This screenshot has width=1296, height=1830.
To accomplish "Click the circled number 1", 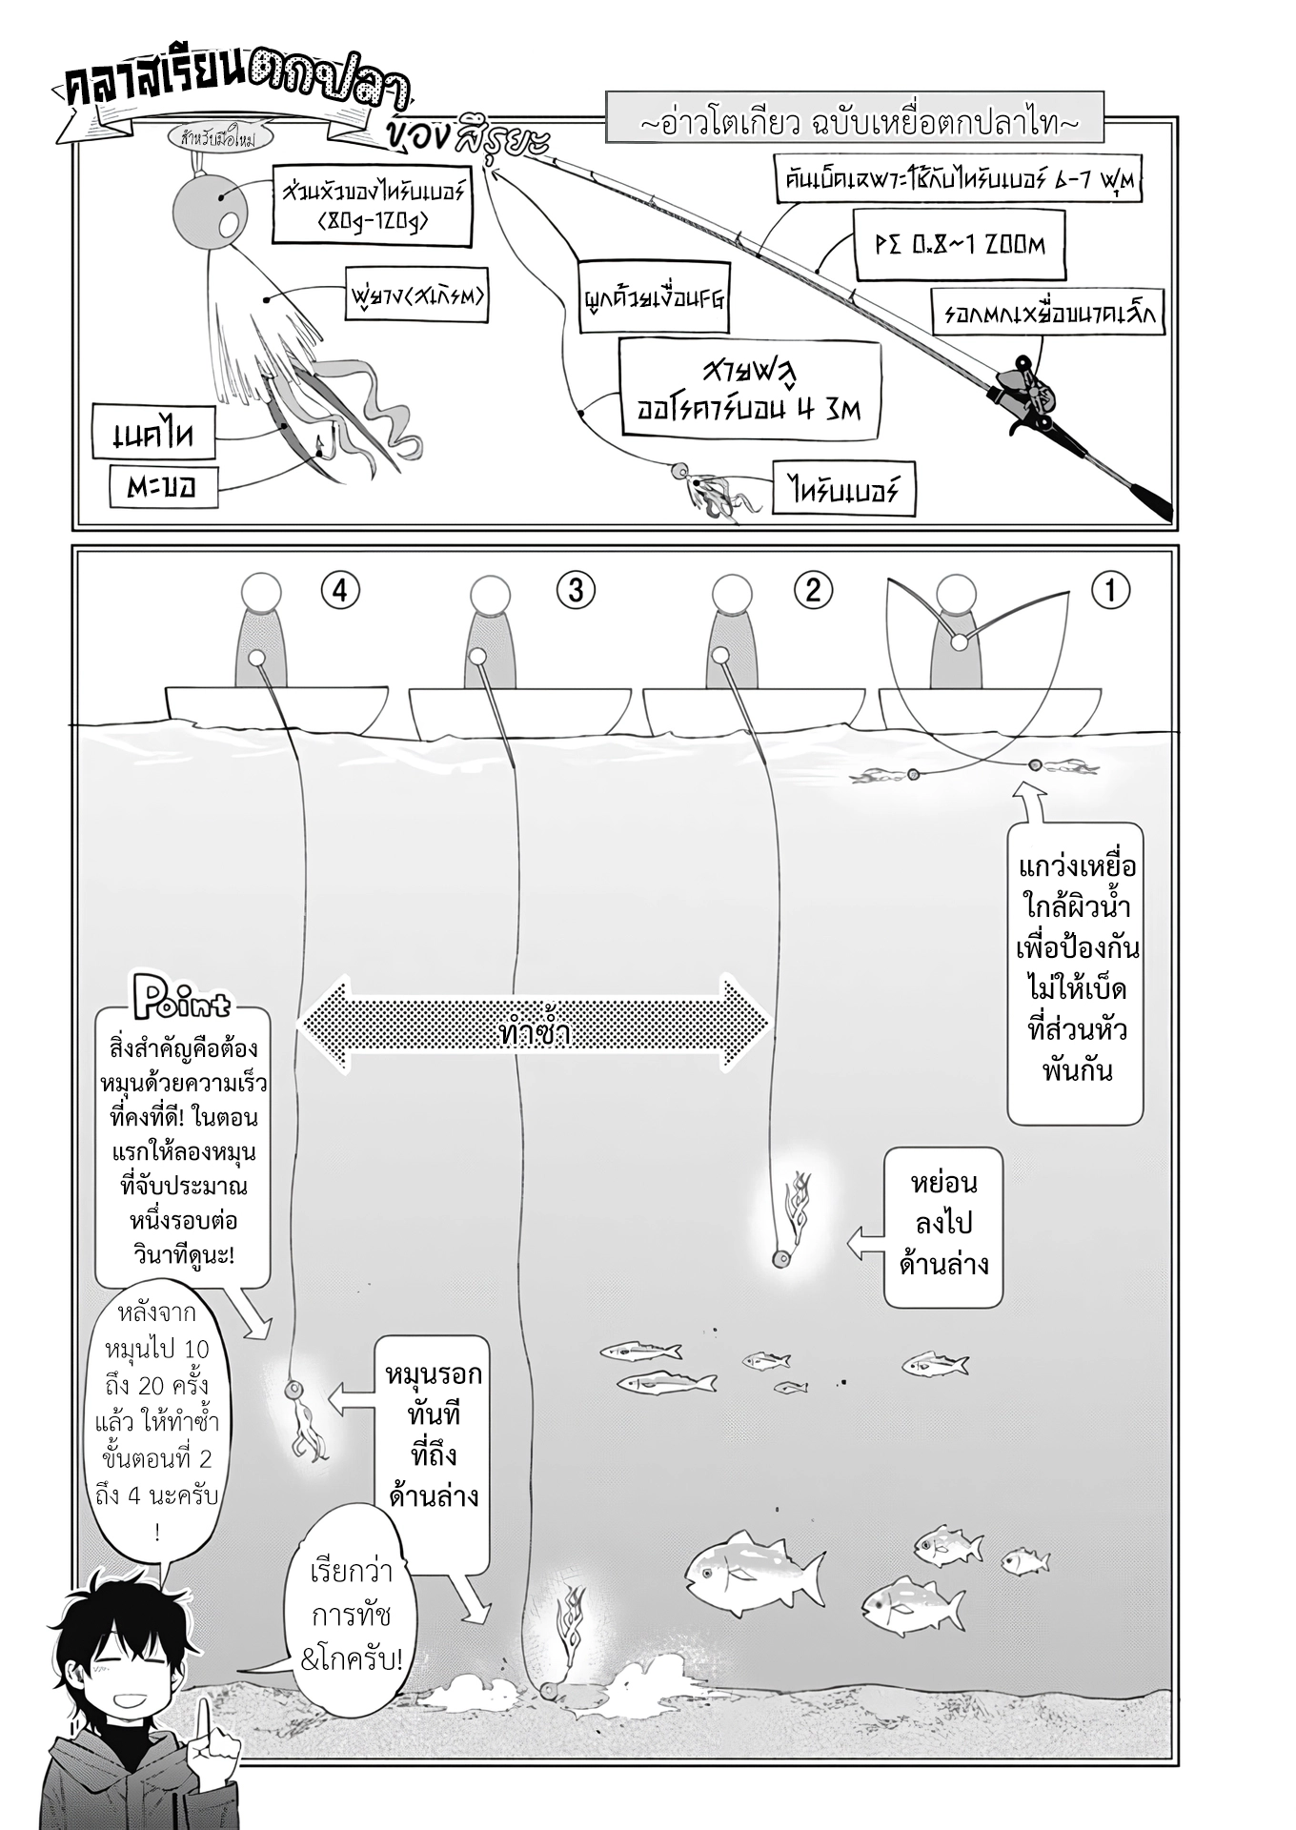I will pyautogui.click(x=1110, y=590).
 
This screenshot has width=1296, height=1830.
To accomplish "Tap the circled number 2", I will pyautogui.click(x=813, y=590).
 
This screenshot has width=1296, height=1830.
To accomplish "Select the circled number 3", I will pyautogui.click(x=576, y=590).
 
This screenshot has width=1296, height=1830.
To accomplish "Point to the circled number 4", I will pyautogui.click(x=340, y=590).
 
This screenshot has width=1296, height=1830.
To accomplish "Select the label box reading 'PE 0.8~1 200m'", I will pyautogui.click(x=958, y=244).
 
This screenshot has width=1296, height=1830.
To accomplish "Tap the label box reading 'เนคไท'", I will pyautogui.click(x=152, y=436).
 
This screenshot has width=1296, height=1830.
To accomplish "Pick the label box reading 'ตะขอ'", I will pyautogui.click(x=161, y=487).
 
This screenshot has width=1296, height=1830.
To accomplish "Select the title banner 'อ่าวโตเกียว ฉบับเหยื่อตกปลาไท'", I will pyautogui.click(x=855, y=124).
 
